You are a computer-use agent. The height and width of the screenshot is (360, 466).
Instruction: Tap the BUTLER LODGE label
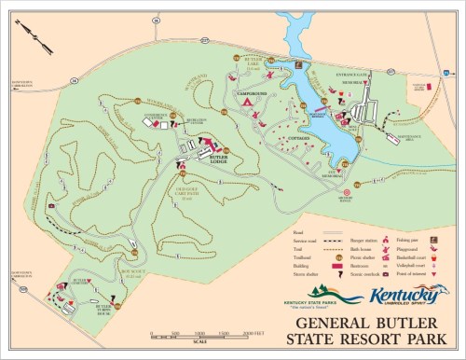(x=219, y=159)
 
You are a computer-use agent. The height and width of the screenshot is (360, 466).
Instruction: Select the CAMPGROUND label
(x=253, y=93)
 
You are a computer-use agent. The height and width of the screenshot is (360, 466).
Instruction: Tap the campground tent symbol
(x=249, y=105)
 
